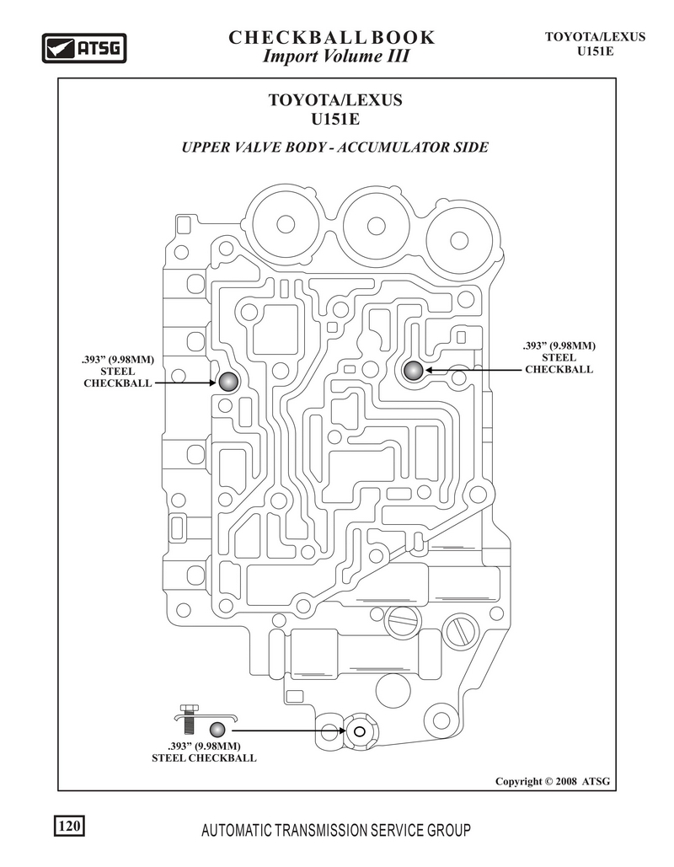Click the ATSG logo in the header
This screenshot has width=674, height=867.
click(x=84, y=47)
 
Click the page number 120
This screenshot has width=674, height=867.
click(x=69, y=826)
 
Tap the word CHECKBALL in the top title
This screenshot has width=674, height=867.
click(x=297, y=38)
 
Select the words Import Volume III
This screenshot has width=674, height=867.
click(x=335, y=56)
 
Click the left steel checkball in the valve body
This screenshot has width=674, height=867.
click(x=227, y=382)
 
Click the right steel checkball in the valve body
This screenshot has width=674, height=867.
click(x=413, y=371)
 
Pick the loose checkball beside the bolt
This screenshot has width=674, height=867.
click(x=217, y=730)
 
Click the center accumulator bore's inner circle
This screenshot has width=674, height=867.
click(x=376, y=225)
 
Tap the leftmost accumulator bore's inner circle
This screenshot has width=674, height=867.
click(x=286, y=224)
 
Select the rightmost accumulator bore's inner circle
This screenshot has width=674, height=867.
click(x=459, y=240)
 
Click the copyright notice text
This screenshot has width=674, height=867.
click(x=553, y=781)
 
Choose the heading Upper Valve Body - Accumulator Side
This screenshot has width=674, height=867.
click(x=335, y=147)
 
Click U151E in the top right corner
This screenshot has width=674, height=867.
click(x=596, y=51)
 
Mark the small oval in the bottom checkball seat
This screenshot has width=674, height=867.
click(x=359, y=731)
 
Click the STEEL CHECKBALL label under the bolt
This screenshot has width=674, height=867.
click(x=204, y=758)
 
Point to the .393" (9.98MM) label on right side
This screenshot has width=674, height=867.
click(x=559, y=346)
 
